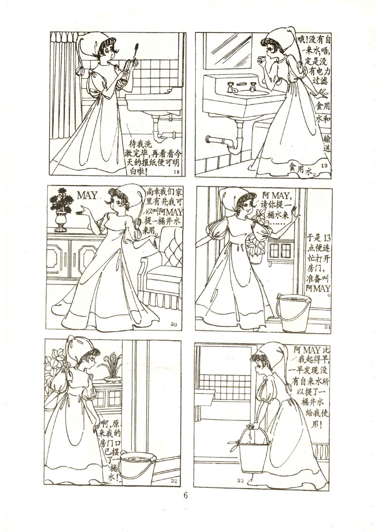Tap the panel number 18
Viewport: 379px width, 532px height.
(x=177, y=172)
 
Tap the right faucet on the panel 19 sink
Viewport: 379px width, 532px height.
(x=253, y=87)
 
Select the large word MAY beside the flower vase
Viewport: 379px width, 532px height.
(x=88, y=195)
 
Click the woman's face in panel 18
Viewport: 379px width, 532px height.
(x=108, y=54)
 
